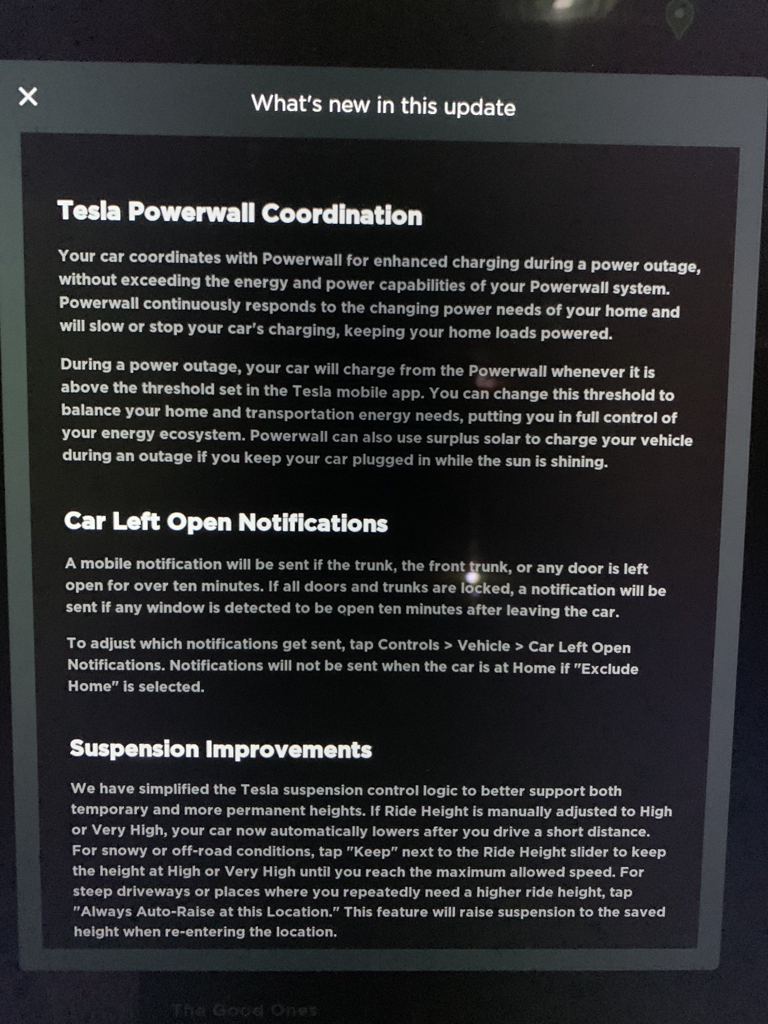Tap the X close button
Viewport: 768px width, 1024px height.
[28, 96]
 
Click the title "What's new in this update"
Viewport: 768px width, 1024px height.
[383, 105]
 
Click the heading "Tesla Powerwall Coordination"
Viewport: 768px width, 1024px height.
[239, 213]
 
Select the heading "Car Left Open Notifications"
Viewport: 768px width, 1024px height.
[226, 522]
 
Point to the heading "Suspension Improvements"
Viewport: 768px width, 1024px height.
[220, 749]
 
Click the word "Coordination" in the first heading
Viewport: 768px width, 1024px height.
[341, 215]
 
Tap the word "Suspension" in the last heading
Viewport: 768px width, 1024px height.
[134, 748]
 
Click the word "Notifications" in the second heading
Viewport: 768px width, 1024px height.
[313, 523]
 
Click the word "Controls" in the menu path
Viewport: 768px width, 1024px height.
[408, 645]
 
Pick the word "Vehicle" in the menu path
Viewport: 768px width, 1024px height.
[483, 646]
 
